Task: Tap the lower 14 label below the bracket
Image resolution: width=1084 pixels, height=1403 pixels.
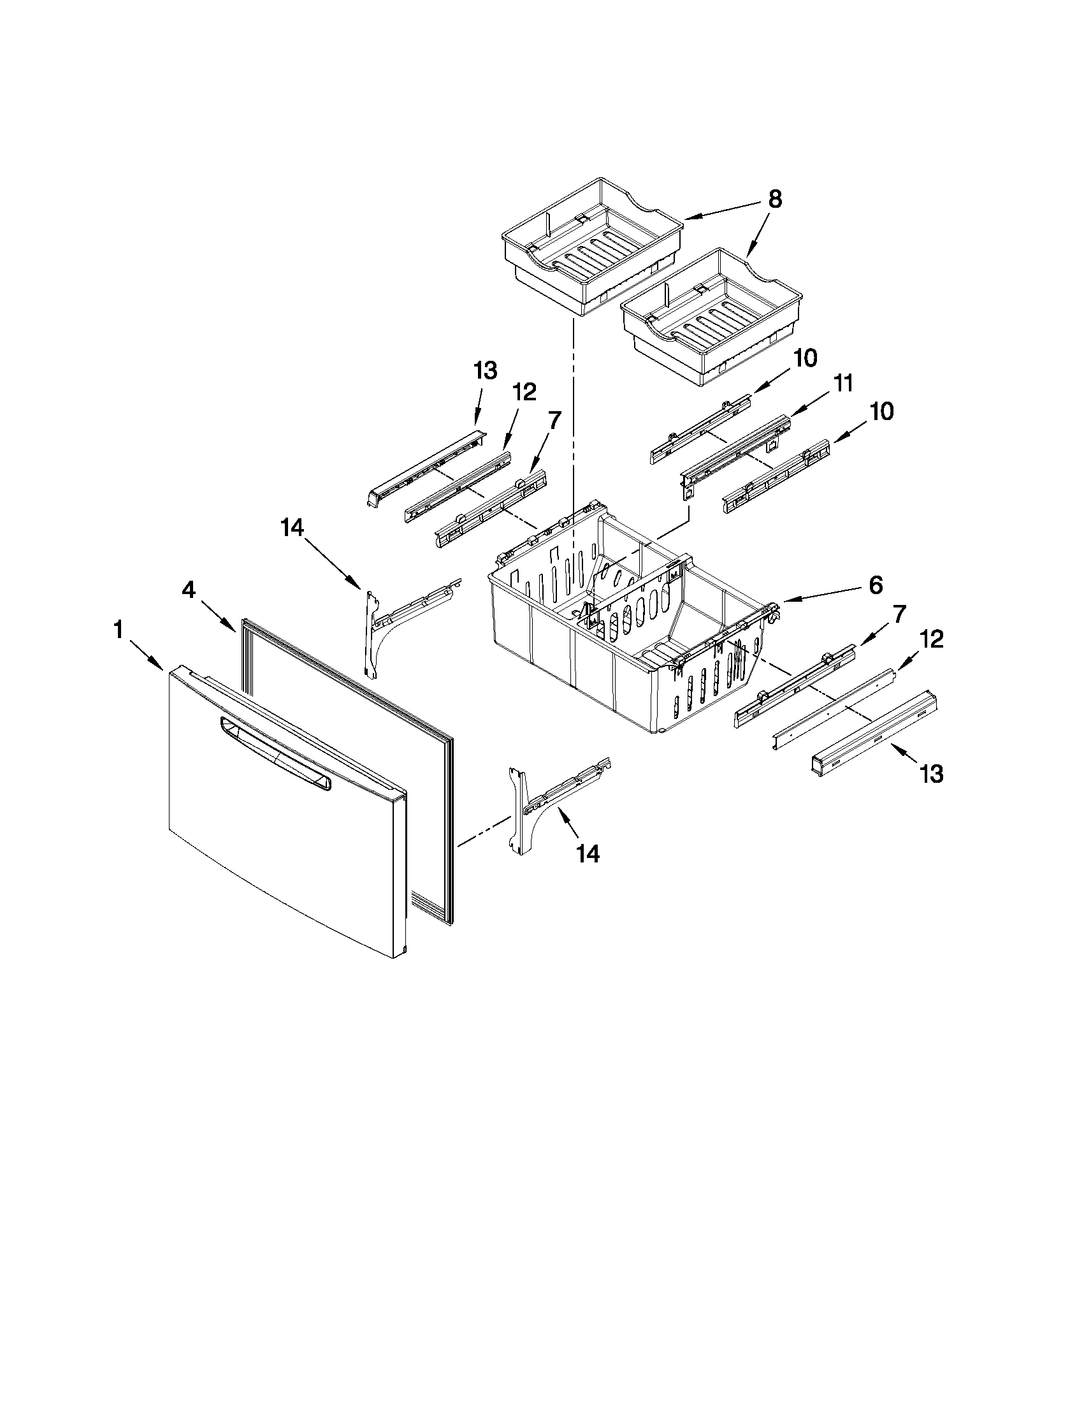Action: point(588,854)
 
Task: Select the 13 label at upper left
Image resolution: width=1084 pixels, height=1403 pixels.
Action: point(485,370)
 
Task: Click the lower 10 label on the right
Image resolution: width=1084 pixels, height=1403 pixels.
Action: point(881,411)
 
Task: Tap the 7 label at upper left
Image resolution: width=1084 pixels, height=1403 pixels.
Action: point(554,420)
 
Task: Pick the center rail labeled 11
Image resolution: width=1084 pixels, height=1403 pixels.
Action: point(735,449)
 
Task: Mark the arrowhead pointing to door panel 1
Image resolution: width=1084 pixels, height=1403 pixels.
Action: point(161,665)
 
